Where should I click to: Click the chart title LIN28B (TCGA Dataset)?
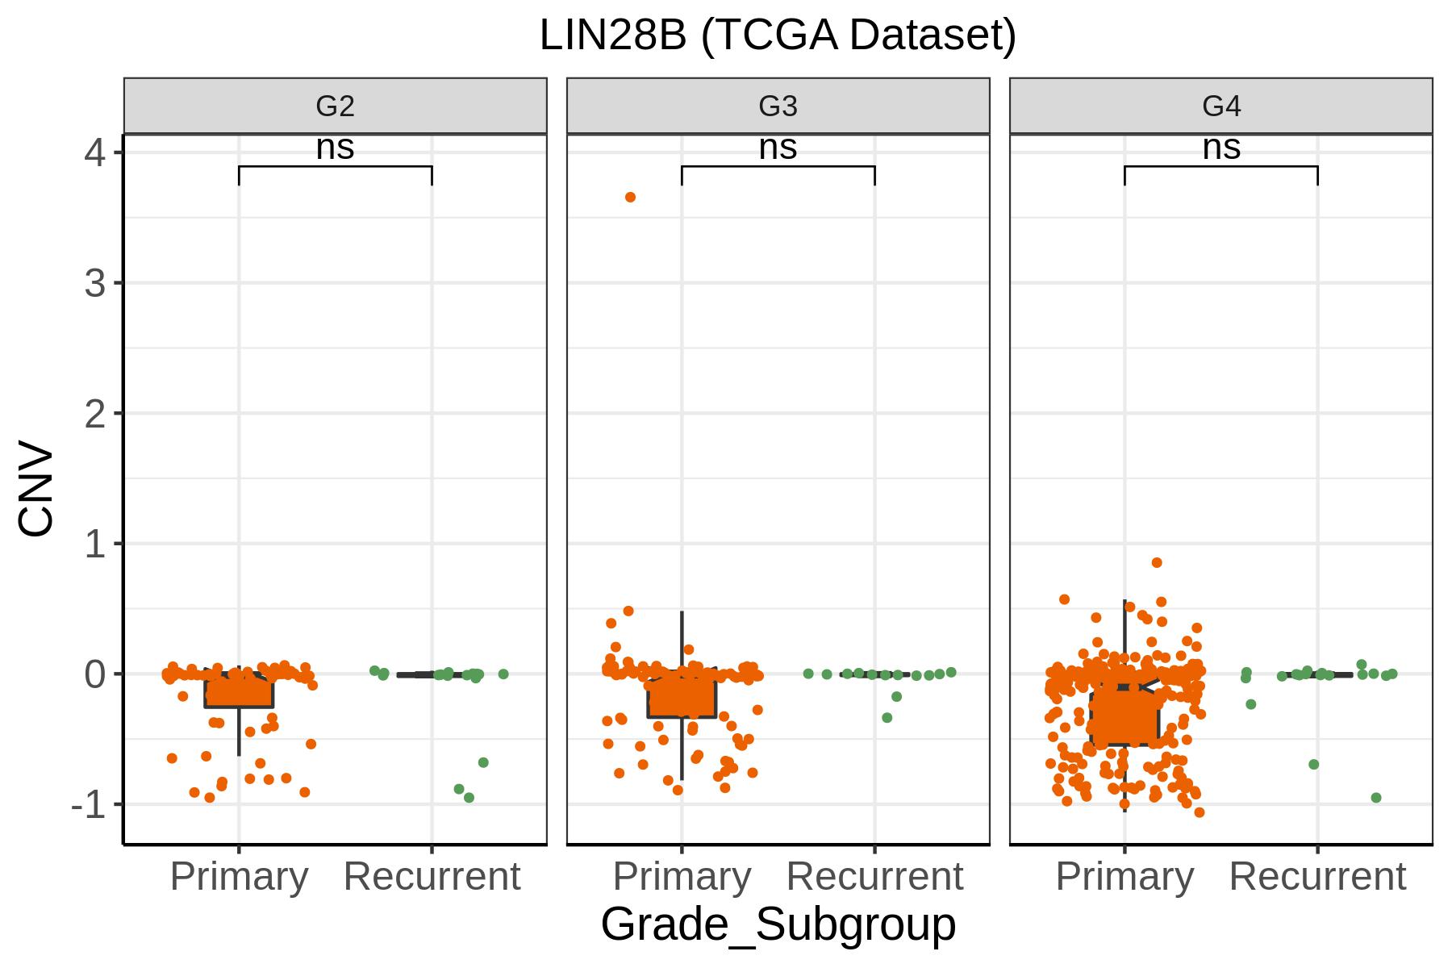click(x=778, y=36)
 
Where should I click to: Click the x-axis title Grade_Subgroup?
click(x=778, y=924)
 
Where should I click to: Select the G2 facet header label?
click(x=335, y=106)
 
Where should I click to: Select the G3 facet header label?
click(x=778, y=106)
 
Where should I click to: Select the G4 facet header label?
click(x=1221, y=106)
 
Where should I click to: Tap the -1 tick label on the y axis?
click(x=89, y=804)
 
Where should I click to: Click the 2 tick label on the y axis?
click(x=95, y=414)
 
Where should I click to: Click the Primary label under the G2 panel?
click(x=239, y=876)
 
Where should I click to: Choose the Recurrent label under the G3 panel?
click(x=874, y=876)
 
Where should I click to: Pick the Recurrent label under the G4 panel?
click(x=1317, y=876)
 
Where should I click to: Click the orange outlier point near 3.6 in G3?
click(x=631, y=198)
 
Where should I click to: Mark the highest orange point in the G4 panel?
click(x=1157, y=563)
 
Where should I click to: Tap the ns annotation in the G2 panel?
click(x=335, y=148)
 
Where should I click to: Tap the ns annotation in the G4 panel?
click(x=1221, y=148)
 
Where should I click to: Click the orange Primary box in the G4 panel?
click(x=1124, y=717)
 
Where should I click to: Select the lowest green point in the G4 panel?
click(x=1376, y=798)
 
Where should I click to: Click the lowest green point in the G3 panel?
click(x=887, y=718)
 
